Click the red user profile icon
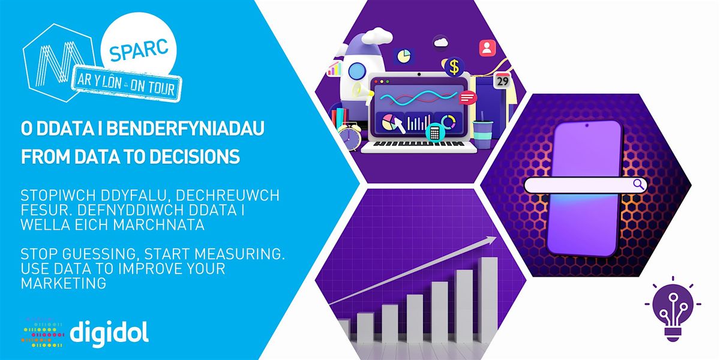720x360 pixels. coord(487,47)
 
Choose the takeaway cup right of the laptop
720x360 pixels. coord(481,133)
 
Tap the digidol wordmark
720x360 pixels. coord(109,332)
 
